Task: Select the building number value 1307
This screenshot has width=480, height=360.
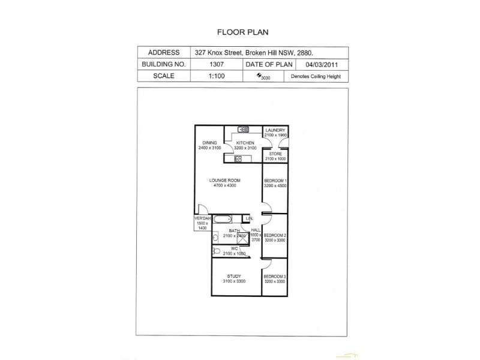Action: click(217, 64)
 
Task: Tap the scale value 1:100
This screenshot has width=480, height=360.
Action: click(217, 76)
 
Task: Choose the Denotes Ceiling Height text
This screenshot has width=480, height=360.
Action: click(316, 77)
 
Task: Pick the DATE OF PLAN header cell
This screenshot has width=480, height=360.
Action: click(269, 64)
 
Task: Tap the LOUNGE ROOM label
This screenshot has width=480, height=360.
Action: click(224, 181)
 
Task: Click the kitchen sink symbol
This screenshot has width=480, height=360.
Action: click(244, 129)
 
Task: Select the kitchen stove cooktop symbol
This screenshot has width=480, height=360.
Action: click(238, 158)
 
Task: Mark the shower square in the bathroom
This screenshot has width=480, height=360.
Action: click(242, 237)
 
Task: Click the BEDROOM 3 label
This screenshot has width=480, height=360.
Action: click(275, 277)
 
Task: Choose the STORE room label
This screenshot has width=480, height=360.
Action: click(275, 154)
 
